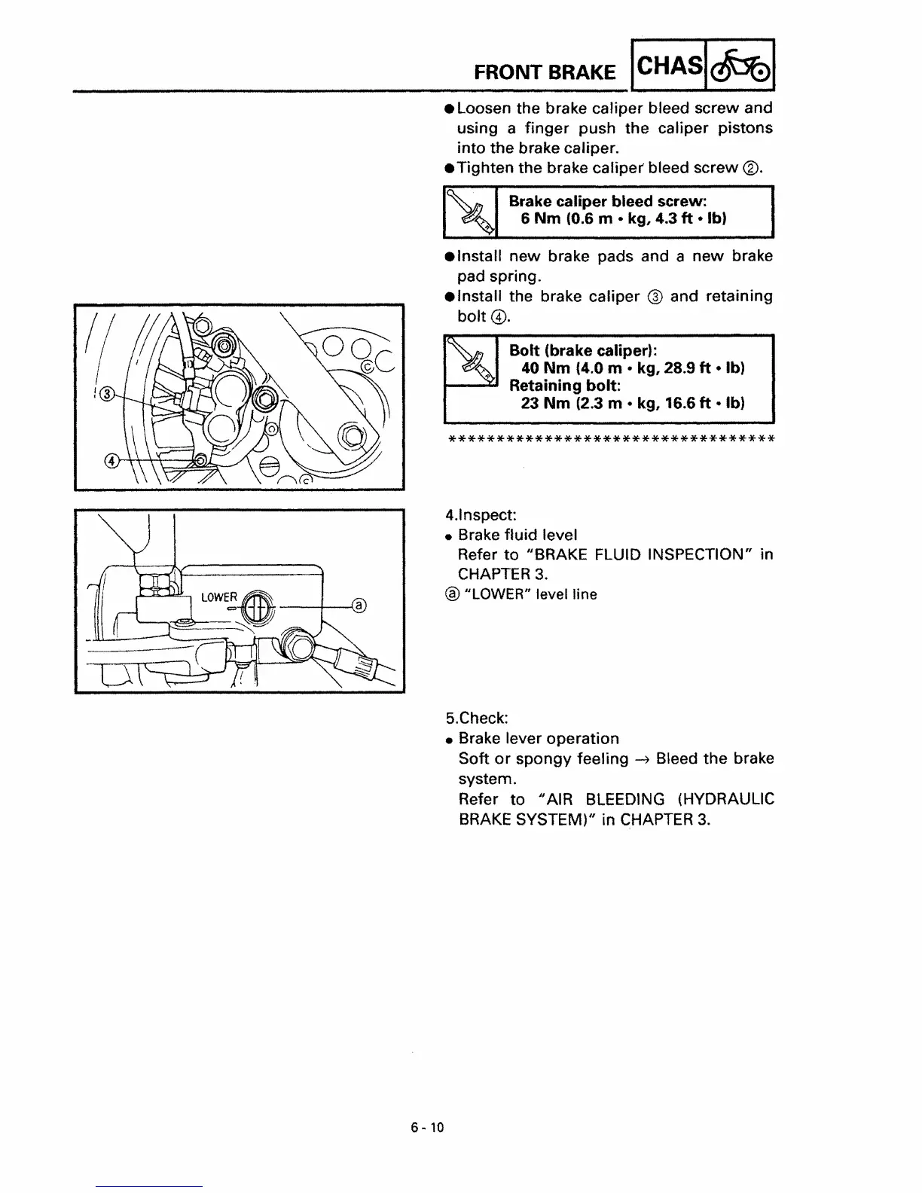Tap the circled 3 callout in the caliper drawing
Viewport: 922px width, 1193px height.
click(108, 394)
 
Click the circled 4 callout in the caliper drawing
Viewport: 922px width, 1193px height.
click(111, 461)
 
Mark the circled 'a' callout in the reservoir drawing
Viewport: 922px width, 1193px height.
click(359, 605)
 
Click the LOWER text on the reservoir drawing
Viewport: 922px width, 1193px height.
click(219, 598)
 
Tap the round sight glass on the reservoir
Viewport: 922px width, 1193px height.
click(256, 607)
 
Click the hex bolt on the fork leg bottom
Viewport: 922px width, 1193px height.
click(350, 435)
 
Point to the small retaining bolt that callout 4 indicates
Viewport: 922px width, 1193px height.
click(200, 460)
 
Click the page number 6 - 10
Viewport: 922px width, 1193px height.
click(428, 1127)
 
